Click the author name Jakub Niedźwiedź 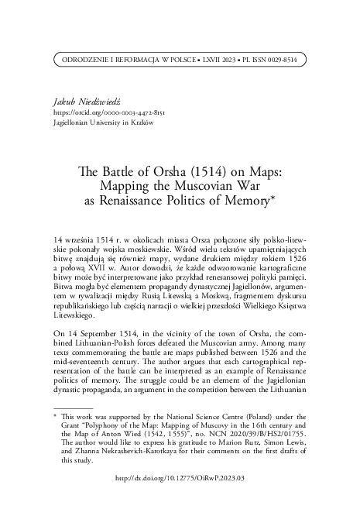click(x=81, y=101)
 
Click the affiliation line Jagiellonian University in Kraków click(x=98, y=122)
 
